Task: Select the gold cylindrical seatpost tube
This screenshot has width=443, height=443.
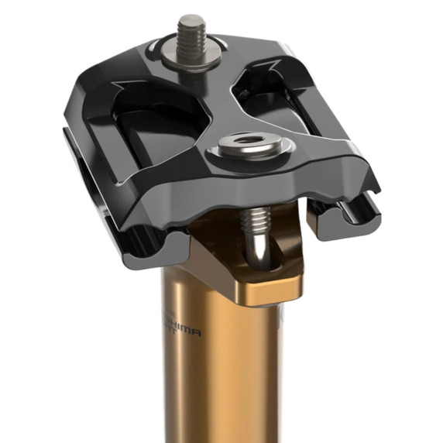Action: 217,372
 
